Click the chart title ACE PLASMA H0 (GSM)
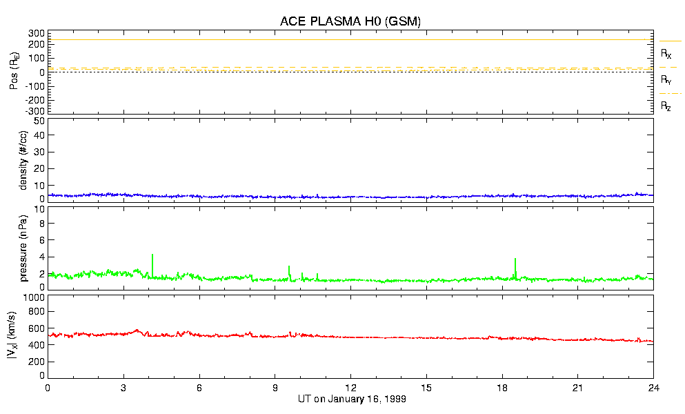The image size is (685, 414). point(350,21)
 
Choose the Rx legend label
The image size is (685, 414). point(666,53)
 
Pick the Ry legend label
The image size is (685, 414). point(666,80)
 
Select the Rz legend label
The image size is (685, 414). point(666,106)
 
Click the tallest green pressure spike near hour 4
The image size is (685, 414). point(152,255)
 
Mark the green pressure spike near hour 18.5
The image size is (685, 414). point(515,259)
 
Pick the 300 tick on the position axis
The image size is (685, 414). point(37,33)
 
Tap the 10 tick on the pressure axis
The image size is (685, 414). point(39,223)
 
